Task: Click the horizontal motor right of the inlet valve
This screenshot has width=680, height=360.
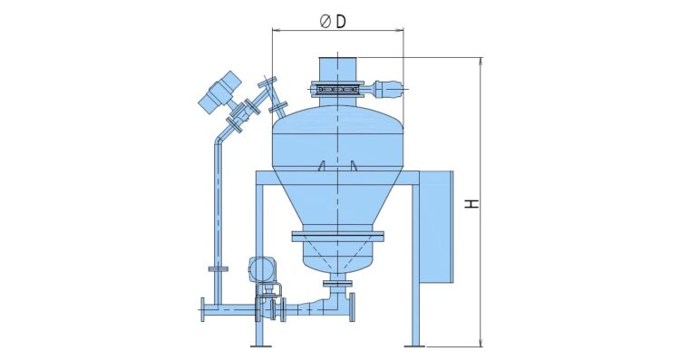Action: (387, 90)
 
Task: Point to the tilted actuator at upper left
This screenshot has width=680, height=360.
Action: (220, 92)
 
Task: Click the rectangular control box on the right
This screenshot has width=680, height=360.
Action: (436, 227)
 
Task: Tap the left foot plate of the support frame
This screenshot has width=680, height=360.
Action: (261, 346)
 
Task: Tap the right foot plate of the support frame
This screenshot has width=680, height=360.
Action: (414, 346)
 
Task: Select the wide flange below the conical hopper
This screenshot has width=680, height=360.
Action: (338, 237)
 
